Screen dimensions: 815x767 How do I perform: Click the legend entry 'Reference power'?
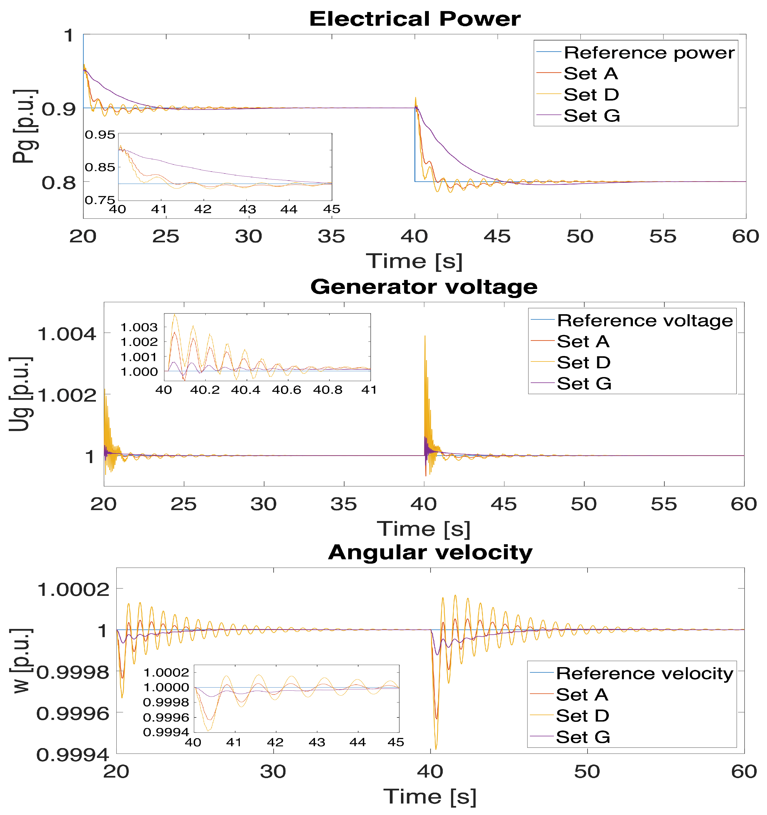(x=649, y=53)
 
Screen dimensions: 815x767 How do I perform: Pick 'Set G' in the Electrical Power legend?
(x=592, y=116)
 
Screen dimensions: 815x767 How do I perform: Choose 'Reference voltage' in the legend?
(x=644, y=320)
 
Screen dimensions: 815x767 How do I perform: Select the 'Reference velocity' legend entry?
(x=644, y=673)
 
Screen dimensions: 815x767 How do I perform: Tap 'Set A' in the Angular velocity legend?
(x=582, y=695)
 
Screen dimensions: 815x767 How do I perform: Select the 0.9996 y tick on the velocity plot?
(x=73, y=714)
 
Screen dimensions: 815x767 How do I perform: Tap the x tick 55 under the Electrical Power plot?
(x=662, y=237)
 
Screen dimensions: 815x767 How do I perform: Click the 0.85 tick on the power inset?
(x=100, y=167)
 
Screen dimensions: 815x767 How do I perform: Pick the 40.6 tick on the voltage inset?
(x=286, y=390)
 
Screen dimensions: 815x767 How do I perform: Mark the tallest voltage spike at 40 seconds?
(x=425, y=336)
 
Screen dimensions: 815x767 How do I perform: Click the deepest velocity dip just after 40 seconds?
(x=435, y=749)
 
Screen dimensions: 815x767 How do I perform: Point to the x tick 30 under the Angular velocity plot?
(x=273, y=772)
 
